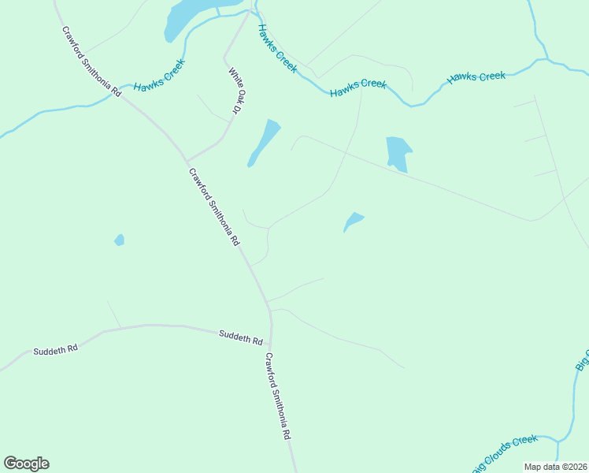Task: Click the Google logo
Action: [26, 464]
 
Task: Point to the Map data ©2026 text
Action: [555, 467]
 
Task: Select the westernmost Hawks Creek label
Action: [158, 76]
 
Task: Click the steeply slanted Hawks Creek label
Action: [277, 49]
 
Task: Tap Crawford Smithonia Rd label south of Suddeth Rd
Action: [279, 396]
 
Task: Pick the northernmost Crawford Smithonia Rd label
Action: [91, 61]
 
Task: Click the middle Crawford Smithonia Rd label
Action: [213, 207]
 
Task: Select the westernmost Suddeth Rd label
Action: [55, 348]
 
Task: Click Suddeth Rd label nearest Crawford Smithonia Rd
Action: [240, 337]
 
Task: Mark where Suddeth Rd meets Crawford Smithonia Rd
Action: [270, 344]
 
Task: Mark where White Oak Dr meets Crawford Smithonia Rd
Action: [187, 160]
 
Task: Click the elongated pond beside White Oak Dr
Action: [264, 142]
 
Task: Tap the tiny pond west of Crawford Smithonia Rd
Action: [119, 240]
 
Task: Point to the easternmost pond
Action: [397, 152]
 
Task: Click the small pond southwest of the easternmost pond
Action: [353, 222]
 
